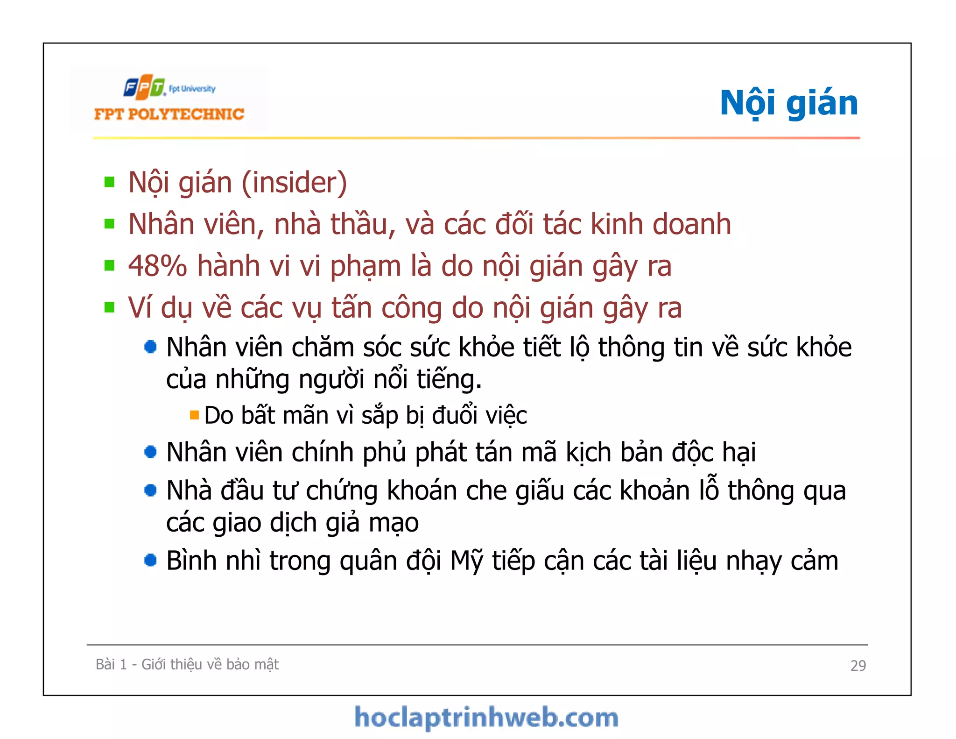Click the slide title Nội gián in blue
788,103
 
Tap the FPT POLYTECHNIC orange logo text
169,114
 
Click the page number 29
858,665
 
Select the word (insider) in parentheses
294,183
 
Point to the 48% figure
157,266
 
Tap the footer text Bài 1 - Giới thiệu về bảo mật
187,664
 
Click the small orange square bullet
195,415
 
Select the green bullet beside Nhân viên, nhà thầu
110,224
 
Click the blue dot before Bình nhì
150,560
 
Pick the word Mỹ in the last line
466,561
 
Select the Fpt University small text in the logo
192,89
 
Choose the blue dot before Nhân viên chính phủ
150,452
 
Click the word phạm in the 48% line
366,267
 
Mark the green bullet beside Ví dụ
110,307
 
